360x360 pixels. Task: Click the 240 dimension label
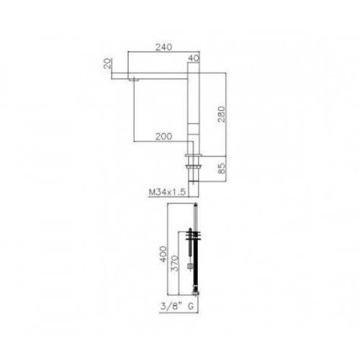164,47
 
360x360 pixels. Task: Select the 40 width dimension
194,58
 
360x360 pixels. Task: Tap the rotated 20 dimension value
108,63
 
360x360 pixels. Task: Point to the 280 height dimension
221,114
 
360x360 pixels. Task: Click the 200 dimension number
164,136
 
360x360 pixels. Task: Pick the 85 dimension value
222,168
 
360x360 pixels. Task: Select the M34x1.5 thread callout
167,192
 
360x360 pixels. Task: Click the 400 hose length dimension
163,254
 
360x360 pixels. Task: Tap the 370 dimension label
175,264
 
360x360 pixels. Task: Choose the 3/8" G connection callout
177,307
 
